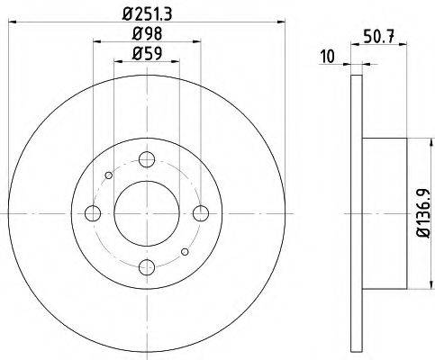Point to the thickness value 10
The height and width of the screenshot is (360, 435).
[x=327, y=58]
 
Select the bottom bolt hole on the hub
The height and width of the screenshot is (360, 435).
[x=147, y=267]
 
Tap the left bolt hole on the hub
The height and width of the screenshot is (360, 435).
[x=92, y=213]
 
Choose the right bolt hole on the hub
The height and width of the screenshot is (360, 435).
[x=202, y=213]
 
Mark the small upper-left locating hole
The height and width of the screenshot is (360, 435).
[x=108, y=175]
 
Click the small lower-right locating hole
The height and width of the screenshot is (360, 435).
[x=186, y=252]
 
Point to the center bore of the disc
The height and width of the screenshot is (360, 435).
[x=147, y=213]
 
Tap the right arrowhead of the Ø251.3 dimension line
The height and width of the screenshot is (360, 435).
[x=280, y=23]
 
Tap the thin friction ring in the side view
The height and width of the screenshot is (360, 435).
[x=356, y=213]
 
